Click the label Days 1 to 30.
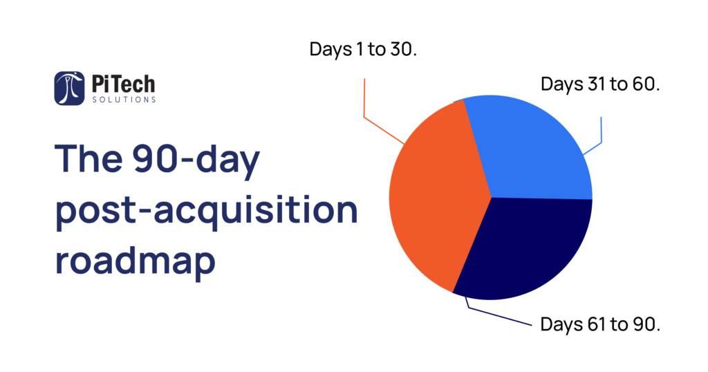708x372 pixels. (363, 49)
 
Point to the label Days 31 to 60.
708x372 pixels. (600, 84)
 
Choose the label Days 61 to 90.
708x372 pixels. (600, 324)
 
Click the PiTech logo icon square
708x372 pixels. (70, 88)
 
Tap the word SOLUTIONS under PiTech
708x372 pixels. (124, 100)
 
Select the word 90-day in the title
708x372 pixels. (196, 159)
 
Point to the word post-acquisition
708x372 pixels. (206, 210)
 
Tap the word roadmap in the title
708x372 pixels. (136, 261)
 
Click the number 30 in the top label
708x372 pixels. (402, 49)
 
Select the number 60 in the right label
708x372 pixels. (644, 84)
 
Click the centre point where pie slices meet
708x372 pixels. (492, 197)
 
